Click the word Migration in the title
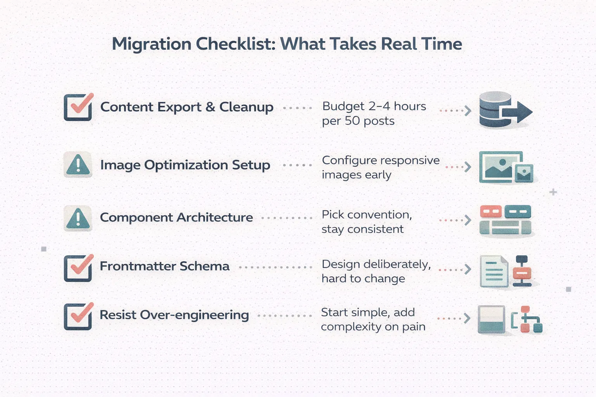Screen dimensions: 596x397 click(151, 44)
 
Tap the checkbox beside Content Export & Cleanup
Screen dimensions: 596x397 click(78, 107)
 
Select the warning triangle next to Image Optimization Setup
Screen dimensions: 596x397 click(78, 165)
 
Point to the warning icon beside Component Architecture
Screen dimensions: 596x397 click(78, 218)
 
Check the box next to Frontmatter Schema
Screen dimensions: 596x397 click(78, 268)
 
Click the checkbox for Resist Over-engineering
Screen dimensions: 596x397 click(78, 317)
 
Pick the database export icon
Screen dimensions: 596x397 click(506, 110)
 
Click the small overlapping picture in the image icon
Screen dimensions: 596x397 click(524, 173)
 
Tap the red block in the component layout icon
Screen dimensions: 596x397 click(491, 212)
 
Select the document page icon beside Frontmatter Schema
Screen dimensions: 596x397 click(494, 271)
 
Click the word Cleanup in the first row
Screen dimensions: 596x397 click(246, 107)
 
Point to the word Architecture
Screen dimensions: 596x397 click(215, 217)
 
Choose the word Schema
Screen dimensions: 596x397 click(204, 266)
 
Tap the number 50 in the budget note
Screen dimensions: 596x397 click(353, 121)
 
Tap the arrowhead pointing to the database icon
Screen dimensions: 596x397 click(468, 110)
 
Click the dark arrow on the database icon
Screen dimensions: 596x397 click(517, 112)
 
